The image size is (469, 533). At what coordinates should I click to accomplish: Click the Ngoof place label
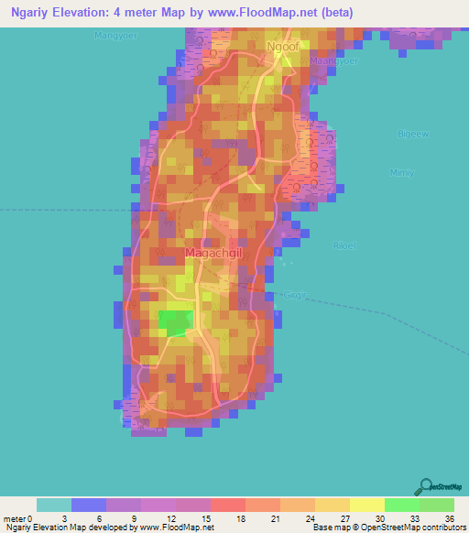click(x=282, y=44)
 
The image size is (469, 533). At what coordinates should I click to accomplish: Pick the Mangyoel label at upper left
click(x=114, y=35)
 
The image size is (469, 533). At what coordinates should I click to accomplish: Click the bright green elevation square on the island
click(x=175, y=320)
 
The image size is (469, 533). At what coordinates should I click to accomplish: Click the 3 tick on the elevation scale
click(x=71, y=518)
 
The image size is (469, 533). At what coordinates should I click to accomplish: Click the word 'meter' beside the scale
click(x=14, y=518)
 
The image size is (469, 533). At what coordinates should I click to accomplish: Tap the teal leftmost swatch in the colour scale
click(x=54, y=505)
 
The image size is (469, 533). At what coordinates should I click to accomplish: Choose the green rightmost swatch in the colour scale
click(x=436, y=505)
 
